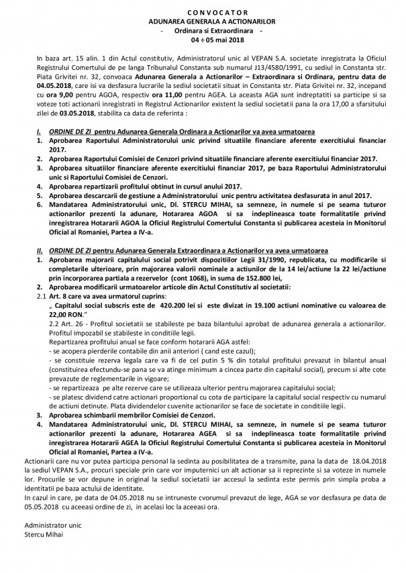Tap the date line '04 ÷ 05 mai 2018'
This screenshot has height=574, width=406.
point(202,40)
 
